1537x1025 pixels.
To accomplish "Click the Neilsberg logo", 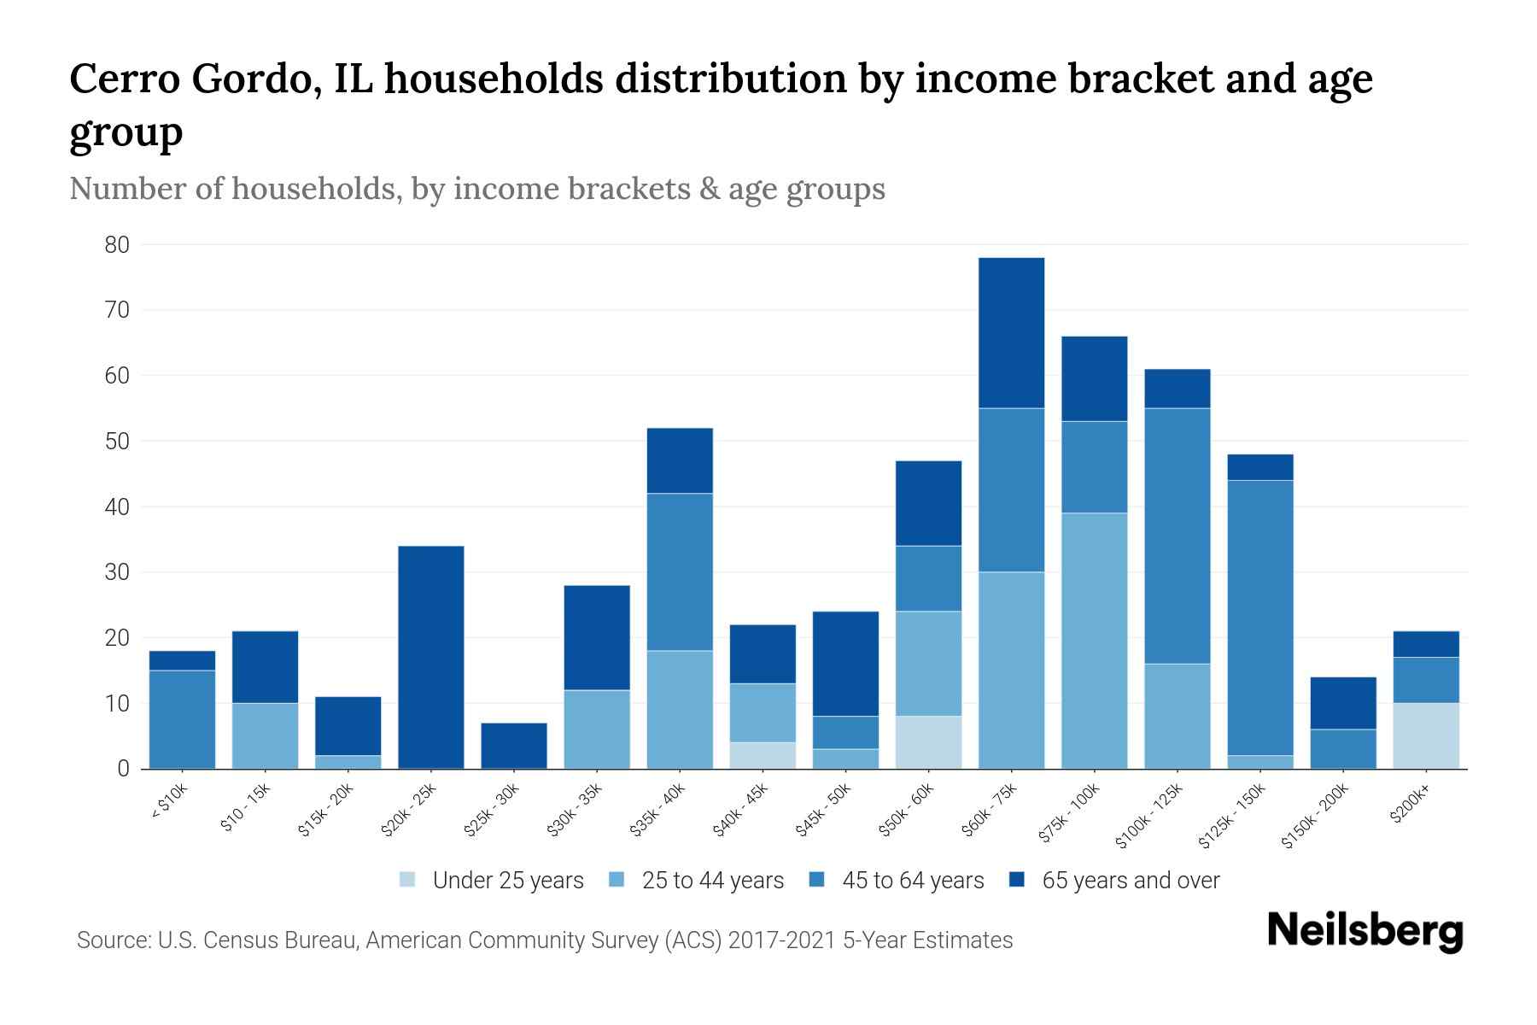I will (x=1365, y=931).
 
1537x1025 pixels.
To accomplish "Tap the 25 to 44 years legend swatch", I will (x=617, y=880).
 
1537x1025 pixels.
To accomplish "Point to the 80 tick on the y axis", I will (x=117, y=245).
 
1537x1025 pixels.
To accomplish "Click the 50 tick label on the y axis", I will (x=117, y=442).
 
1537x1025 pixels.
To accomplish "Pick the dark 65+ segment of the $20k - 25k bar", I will (x=431, y=657).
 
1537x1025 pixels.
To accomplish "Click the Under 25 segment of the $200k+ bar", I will (x=1426, y=735).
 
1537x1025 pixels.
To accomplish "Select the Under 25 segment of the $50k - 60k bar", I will (x=928, y=742).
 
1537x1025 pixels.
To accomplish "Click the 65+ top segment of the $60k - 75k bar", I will (x=1011, y=332).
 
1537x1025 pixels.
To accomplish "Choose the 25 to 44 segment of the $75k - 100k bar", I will (x=1094, y=640).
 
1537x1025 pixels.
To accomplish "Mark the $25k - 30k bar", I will (x=514, y=746).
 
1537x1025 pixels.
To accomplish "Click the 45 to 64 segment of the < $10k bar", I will (x=182, y=719).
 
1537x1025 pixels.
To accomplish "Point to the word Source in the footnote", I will (x=111, y=940).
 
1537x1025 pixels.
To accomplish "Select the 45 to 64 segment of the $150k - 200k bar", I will (x=1343, y=748).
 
